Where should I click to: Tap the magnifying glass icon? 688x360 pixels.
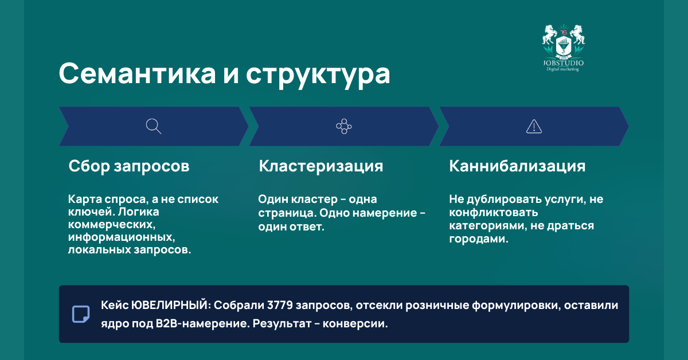pyautogui.click(x=153, y=126)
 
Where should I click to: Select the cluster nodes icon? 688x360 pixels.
pyautogui.click(x=343, y=126)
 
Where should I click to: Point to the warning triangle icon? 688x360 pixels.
pyautogui.click(x=534, y=126)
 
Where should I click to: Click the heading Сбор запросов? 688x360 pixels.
pyautogui.click(x=129, y=166)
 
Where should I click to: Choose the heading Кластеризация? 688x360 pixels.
pyautogui.click(x=321, y=166)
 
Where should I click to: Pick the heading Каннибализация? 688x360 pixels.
pyautogui.click(x=517, y=166)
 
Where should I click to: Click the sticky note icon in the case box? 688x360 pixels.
pyautogui.click(x=81, y=314)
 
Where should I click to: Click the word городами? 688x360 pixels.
pyautogui.click(x=478, y=239)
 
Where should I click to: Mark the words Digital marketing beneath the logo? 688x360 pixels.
pyautogui.click(x=563, y=69)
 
